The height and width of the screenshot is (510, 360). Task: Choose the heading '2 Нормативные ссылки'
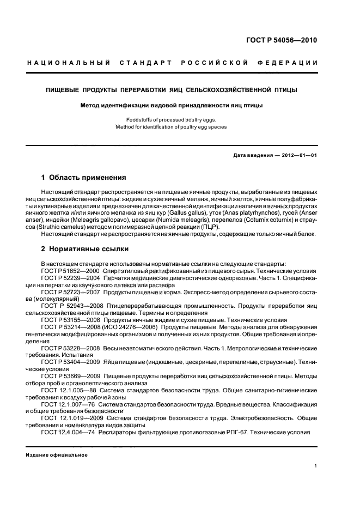85,249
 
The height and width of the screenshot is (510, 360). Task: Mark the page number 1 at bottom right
316,466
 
